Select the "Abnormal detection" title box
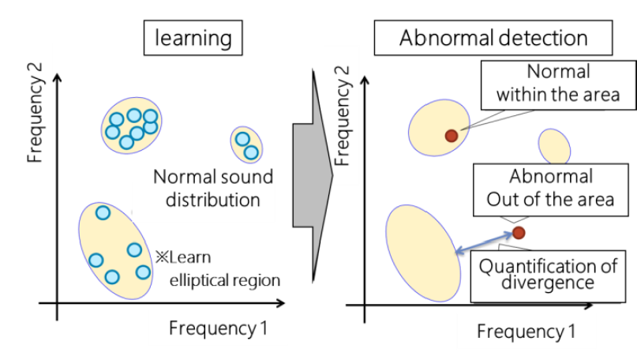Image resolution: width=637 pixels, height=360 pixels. point(493,38)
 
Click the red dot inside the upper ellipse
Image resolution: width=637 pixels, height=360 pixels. point(451,136)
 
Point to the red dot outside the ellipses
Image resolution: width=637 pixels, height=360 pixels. point(519,232)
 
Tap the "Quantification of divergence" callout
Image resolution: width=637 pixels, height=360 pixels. point(547,273)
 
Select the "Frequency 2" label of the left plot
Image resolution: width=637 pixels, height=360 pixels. point(36,125)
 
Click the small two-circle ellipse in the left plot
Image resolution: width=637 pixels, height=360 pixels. point(246,144)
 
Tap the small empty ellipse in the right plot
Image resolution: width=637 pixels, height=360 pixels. point(554,146)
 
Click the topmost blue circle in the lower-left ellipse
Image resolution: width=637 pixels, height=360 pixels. point(103,212)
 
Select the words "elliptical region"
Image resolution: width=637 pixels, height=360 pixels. point(225,279)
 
